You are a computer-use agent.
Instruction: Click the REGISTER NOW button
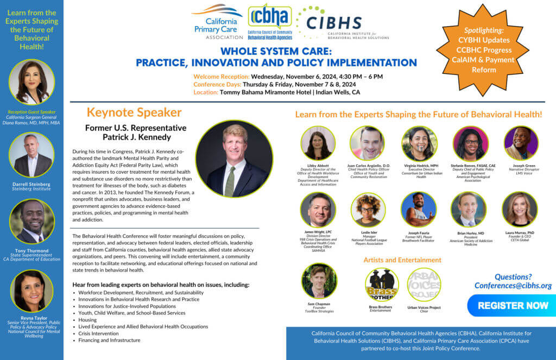pos(513,305)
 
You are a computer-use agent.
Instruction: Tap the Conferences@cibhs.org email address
pos(513,286)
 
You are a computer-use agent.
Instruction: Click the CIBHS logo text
pos(334,23)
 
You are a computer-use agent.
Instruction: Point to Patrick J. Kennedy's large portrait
pos(226,159)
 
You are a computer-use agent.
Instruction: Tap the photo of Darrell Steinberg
pos(31,155)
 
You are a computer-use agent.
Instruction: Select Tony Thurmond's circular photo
pos(31,221)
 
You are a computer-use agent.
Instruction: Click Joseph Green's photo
pos(520,143)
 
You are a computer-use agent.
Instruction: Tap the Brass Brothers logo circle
pos(382,284)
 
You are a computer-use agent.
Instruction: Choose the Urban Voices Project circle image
pos(424,284)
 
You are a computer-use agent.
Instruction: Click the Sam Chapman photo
pos(319,281)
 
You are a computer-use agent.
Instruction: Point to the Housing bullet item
pos(87,320)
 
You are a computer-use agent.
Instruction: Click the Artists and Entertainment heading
pos(402,260)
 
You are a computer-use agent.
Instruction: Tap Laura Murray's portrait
pos(520,210)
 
